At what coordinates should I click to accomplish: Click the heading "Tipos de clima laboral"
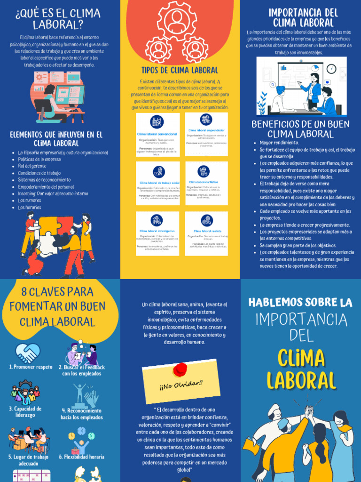pyautogui.click(x=180, y=70)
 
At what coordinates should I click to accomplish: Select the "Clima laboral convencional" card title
pyautogui.click(x=157, y=134)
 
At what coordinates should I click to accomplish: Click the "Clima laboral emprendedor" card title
pyautogui.click(x=206, y=130)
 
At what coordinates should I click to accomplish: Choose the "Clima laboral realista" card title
pyautogui.click(x=206, y=231)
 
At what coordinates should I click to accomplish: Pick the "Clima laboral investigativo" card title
pyautogui.click(x=157, y=231)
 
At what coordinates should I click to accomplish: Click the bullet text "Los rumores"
pyautogui.click(x=30, y=200)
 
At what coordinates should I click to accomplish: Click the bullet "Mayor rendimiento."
pyautogui.click(x=279, y=143)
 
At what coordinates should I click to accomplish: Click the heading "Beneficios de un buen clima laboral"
pyautogui.click(x=300, y=129)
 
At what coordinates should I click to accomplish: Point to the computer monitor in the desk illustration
pyautogui.click(x=70, y=94)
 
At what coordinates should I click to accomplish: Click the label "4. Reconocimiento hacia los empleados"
pyautogui.click(x=82, y=414)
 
